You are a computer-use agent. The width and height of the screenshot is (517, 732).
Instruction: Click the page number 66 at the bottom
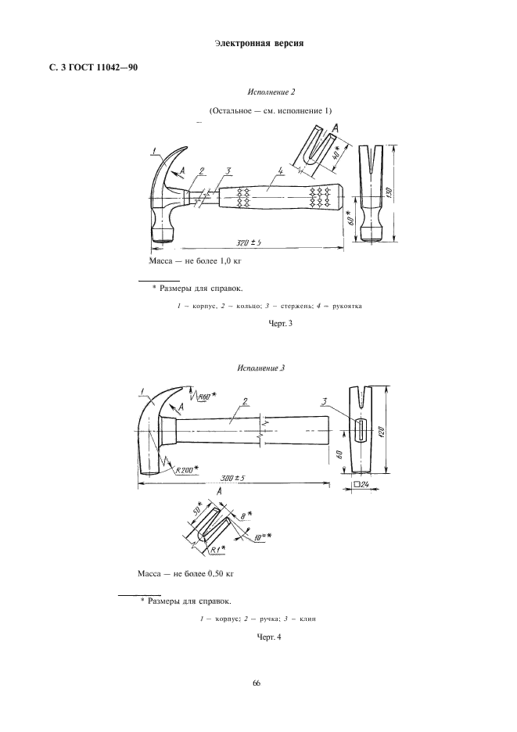pyautogui.click(x=257, y=684)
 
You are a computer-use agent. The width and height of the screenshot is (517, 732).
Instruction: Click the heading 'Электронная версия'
pyautogui.click(x=259, y=44)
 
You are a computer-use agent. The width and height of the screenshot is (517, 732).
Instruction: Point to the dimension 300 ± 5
pyautogui.click(x=233, y=478)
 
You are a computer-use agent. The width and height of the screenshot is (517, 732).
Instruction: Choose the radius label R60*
pyautogui.click(x=207, y=396)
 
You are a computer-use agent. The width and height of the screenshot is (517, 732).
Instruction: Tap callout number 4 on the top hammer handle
pyautogui.click(x=280, y=172)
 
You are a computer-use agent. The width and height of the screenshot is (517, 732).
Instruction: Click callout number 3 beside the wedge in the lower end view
pyautogui.click(x=325, y=401)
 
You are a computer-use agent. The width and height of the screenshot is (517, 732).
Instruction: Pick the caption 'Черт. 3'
pyautogui.click(x=281, y=323)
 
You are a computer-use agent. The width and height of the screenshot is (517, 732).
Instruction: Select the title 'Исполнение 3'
pyautogui.click(x=260, y=368)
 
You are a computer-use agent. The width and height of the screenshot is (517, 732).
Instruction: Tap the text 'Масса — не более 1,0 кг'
pyautogui.click(x=195, y=261)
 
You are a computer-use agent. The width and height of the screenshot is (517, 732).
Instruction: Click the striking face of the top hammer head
pyautogui.click(x=163, y=239)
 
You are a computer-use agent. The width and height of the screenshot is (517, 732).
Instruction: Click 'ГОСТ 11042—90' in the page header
pyautogui.click(x=104, y=68)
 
